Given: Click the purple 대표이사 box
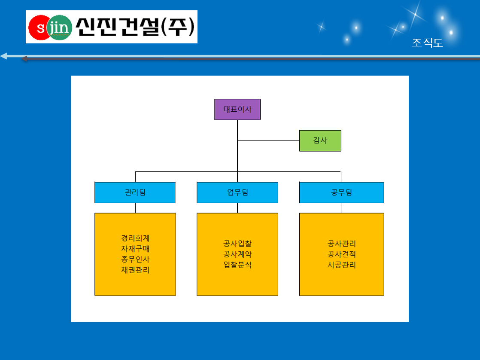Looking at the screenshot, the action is click(x=237, y=110).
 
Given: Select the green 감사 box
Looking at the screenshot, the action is click(x=320, y=140).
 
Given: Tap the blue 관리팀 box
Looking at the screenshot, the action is click(x=135, y=192).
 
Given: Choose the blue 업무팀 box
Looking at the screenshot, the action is click(x=237, y=192).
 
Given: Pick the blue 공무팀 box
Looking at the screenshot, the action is click(x=341, y=192).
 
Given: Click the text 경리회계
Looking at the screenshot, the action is click(x=135, y=238).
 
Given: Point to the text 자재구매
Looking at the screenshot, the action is click(x=135, y=248).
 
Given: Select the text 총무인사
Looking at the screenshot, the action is click(x=135, y=259).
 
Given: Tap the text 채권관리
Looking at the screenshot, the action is click(x=135, y=270).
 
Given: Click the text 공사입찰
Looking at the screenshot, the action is click(x=237, y=244).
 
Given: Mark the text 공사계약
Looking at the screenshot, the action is click(x=237, y=254).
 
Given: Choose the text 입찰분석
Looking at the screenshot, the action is click(x=237, y=265).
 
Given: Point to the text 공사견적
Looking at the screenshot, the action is click(x=342, y=254).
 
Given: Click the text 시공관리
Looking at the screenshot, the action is click(x=342, y=265).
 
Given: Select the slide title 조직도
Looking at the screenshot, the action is click(x=427, y=43).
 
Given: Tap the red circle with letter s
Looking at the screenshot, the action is click(x=39, y=27).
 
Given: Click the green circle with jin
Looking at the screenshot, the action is click(x=59, y=27).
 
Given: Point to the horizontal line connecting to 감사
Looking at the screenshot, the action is click(x=268, y=140).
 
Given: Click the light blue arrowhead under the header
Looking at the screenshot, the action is click(x=4, y=56).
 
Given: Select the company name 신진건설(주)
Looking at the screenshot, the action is click(x=135, y=27).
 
